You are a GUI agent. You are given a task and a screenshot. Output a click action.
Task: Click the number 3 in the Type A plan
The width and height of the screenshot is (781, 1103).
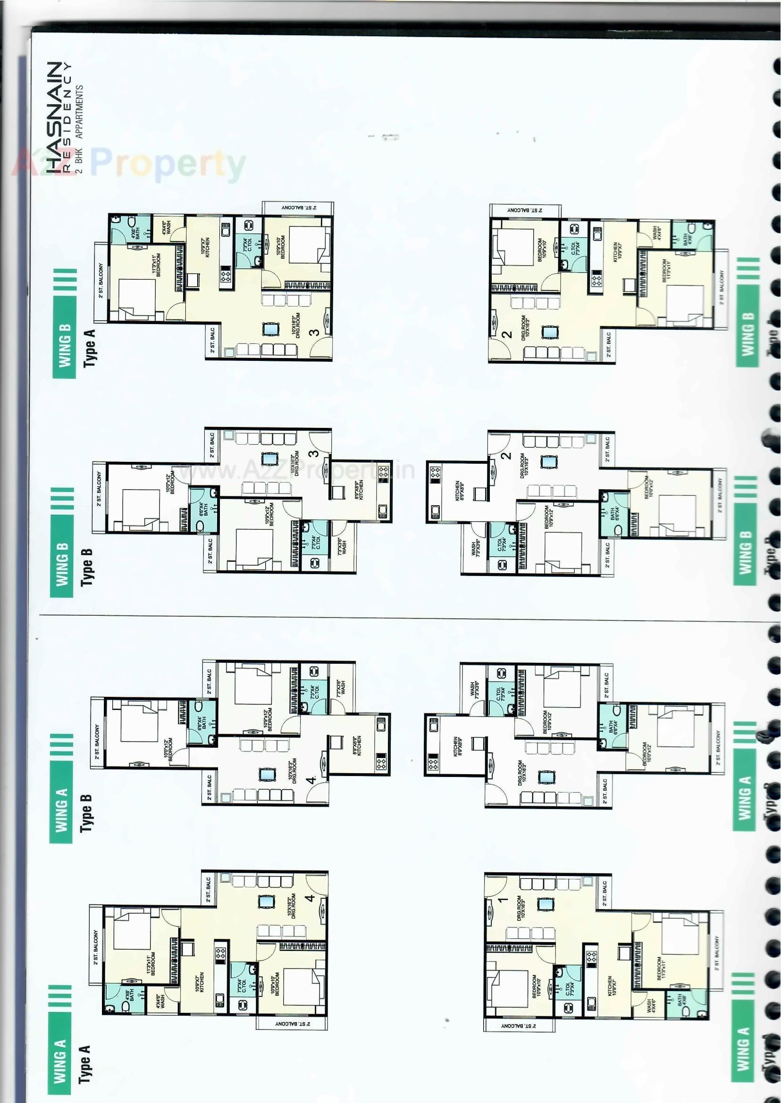pyautogui.click(x=313, y=332)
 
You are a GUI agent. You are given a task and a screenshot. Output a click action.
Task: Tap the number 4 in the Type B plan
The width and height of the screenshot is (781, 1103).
pyautogui.click(x=311, y=779)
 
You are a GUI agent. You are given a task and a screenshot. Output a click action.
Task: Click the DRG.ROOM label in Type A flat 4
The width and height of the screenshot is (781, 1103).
pyautogui.click(x=293, y=906)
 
